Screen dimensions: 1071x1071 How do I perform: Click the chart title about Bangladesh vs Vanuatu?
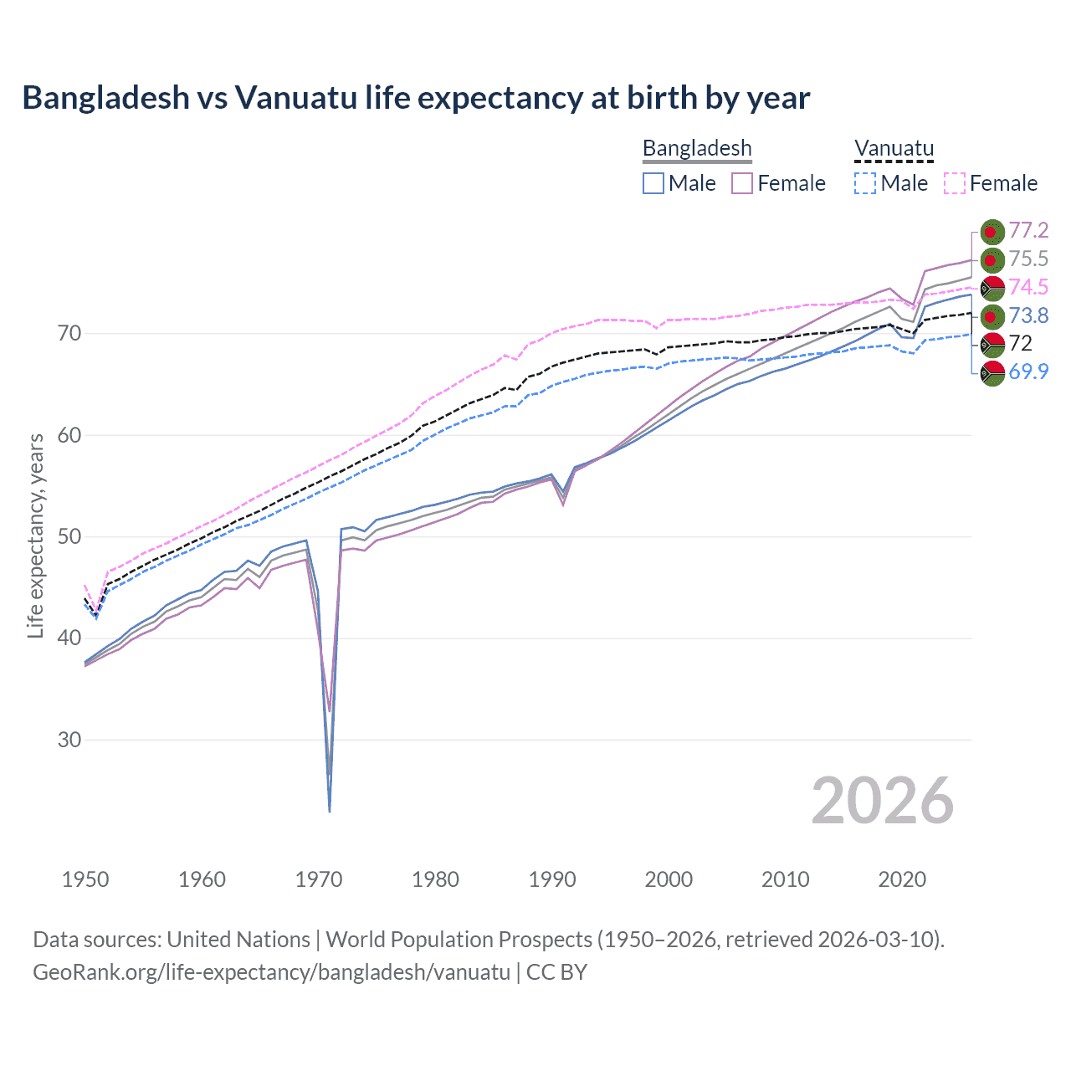[416, 98]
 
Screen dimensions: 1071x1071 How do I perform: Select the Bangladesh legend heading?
[697, 148]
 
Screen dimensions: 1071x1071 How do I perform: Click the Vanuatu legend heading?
[894, 148]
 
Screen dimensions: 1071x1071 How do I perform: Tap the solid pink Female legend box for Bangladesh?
[742, 183]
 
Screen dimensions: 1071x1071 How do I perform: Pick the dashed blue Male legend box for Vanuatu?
[865, 183]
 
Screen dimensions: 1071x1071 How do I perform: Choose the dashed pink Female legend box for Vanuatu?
[955, 183]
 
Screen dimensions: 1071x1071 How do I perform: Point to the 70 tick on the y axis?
[69, 333]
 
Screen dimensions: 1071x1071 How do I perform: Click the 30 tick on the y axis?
[69, 740]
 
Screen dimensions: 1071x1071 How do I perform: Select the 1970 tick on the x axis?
[319, 879]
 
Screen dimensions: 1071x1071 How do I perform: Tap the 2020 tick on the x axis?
[902, 879]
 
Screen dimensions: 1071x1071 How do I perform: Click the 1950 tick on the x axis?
[85, 879]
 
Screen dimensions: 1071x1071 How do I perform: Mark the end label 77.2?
[1028, 230]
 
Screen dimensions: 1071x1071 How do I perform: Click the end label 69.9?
[1028, 372]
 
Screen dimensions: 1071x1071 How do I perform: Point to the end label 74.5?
[1028, 287]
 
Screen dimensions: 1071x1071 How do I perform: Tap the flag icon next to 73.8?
[992, 316]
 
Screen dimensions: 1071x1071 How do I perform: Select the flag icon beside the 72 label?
[992, 344]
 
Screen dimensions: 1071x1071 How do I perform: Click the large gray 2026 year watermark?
[882, 801]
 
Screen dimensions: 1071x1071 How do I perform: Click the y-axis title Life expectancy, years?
[35, 535]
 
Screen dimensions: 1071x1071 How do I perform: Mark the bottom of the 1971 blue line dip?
[330, 810]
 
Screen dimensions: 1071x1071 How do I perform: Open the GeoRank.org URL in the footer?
[271, 972]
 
